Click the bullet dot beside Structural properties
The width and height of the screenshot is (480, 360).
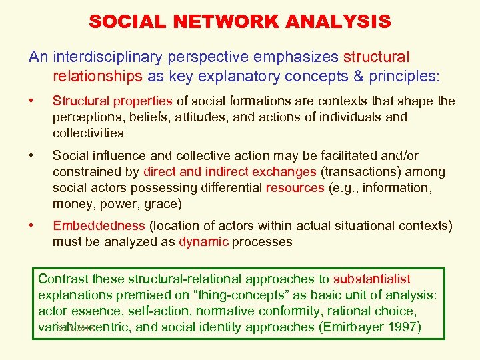tap(31, 101)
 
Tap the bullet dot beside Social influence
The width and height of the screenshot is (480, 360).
tap(31, 156)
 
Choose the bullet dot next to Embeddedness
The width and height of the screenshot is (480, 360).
tap(31, 226)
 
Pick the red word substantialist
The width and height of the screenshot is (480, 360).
tap(372, 279)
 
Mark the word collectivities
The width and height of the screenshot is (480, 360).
tap(88, 133)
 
